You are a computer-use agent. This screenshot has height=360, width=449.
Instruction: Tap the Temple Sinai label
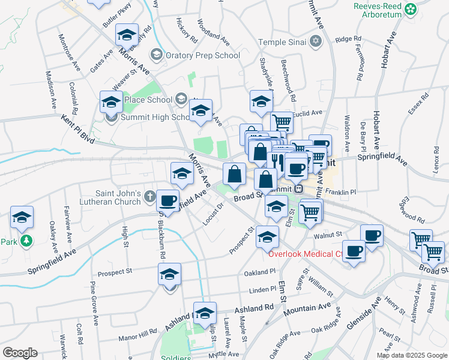point(282,42)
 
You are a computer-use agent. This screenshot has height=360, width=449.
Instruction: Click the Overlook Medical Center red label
point(305,253)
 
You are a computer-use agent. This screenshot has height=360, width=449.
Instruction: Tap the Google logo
point(20,353)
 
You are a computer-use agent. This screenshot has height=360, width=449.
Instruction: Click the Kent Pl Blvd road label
point(79,130)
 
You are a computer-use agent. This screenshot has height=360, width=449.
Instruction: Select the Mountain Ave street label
point(307,309)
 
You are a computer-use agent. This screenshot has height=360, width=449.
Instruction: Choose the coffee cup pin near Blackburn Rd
point(168,200)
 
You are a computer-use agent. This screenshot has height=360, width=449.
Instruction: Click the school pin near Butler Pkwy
point(127,36)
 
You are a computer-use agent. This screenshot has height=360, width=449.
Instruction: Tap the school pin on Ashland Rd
point(205,313)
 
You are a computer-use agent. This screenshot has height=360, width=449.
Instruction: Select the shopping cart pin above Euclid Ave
point(282,123)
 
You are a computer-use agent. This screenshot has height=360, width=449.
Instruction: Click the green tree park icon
point(25,242)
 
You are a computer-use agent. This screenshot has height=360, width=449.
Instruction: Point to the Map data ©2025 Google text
point(411,355)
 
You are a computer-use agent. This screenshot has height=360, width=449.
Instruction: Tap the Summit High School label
point(146,117)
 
